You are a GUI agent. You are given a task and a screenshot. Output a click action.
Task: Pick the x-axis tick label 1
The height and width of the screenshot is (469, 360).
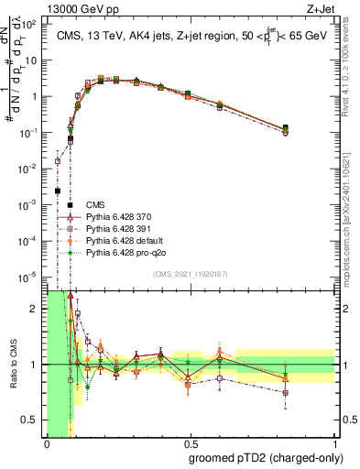(x=333, y=443)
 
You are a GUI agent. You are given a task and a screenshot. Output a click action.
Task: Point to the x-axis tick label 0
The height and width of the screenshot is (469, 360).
(x=47, y=443)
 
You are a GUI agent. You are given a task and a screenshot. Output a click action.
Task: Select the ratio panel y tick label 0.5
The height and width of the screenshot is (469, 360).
(x=31, y=420)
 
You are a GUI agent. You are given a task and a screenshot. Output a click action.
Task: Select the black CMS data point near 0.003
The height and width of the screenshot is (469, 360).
(x=58, y=191)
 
